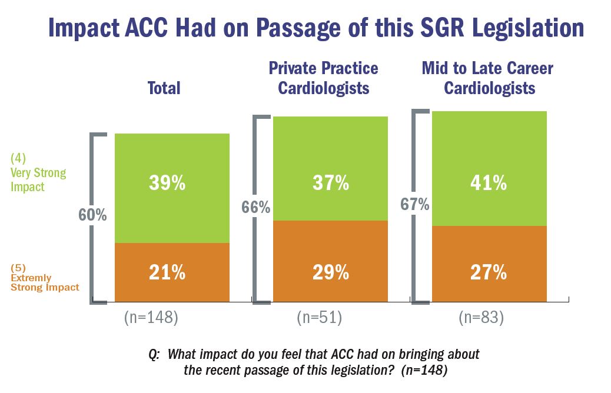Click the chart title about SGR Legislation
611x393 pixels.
pos(316,28)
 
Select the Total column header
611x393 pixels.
pos(164,88)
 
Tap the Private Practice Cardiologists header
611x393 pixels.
pos(323,78)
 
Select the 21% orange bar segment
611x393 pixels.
pos(172,272)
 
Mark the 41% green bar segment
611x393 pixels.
pos(489,184)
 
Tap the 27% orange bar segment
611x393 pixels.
pos(489,272)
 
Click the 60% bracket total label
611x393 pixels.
pos(92,215)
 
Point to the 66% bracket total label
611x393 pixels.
pos(255,208)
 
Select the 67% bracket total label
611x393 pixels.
pos(415,205)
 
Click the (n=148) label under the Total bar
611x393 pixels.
pos(151,318)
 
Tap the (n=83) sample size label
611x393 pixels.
pos(482,318)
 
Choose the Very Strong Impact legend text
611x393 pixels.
pos(38,173)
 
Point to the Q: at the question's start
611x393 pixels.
pos(155,355)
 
